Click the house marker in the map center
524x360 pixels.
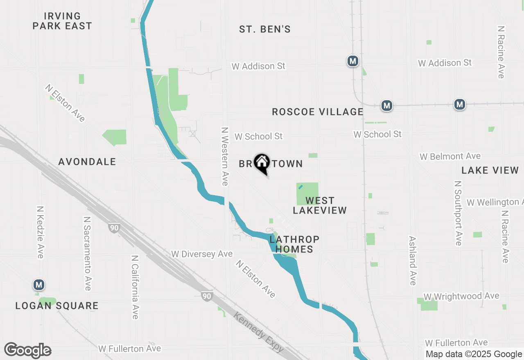tap(262, 163)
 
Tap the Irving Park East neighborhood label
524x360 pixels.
tap(62, 21)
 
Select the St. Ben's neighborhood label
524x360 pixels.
tap(265, 29)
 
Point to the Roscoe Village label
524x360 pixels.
tap(318, 112)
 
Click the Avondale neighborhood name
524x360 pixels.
tap(87, 162)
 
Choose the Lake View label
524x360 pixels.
tap(490, 171)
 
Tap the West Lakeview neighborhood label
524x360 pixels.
tap(320, 205)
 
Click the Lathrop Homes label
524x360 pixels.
tap(294, 244)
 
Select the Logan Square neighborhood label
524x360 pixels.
tap(57, 306)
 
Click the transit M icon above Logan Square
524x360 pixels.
tap(39, 285)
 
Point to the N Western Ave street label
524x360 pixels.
tap(224, 156)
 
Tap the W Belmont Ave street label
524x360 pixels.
tap(450, 157)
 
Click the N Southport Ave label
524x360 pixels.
tap(458, 213)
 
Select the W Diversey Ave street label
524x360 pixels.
tap(202, 254)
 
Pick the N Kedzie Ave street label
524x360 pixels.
tap(40, 232)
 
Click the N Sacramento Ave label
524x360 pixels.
tap(87, 254)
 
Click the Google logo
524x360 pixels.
tap(27, 351)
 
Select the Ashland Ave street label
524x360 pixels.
tap(413, 261)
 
